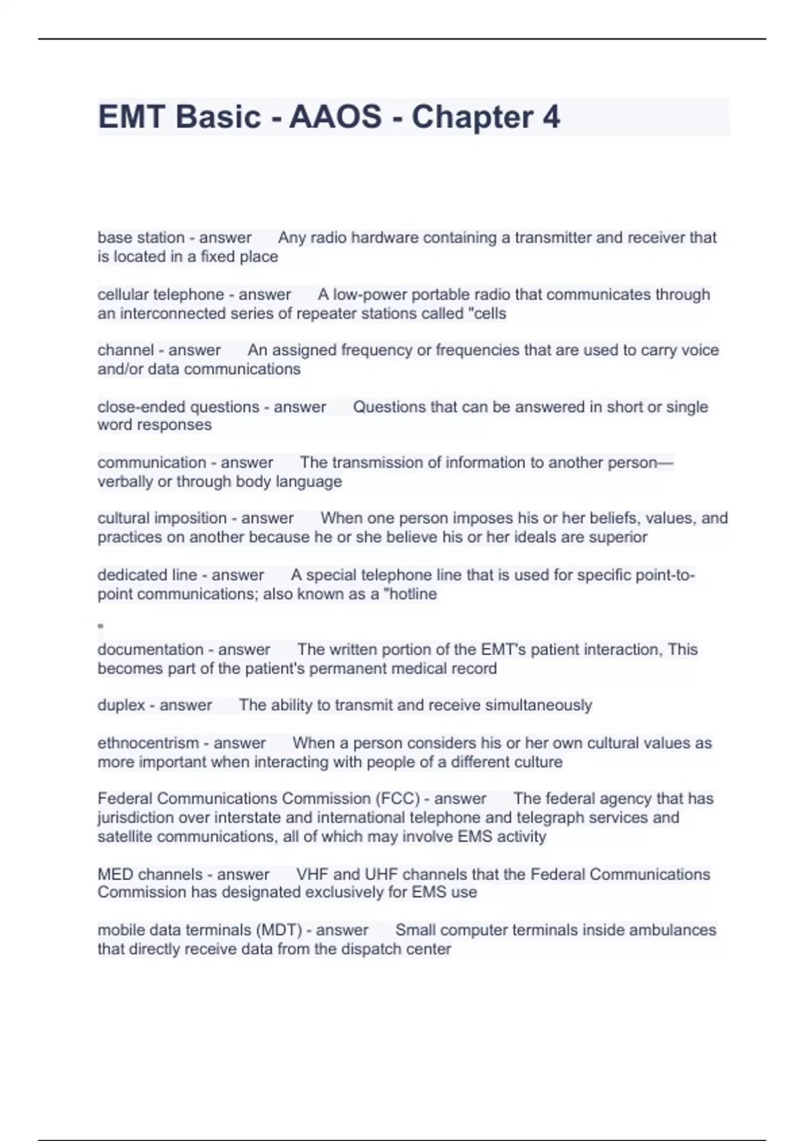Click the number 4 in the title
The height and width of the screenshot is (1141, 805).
(551, 117)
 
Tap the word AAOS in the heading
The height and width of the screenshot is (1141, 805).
(335, 117)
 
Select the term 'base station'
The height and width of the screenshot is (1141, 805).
(141, 238)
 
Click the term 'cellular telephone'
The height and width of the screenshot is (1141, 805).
(161, 295)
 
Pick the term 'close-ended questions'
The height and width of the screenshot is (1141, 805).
(178, 407)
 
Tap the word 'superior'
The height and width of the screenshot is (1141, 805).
(618, 537)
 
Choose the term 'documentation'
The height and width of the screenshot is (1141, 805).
(150, 650)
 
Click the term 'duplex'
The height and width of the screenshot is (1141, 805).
(121, 705)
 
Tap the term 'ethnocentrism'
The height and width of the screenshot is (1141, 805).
(148, 743)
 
